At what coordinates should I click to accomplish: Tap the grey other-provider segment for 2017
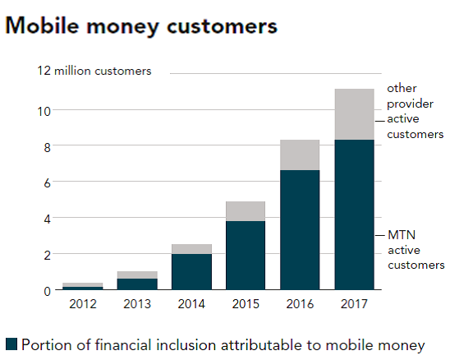click(354, 113)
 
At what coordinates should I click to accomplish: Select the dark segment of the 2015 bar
click(245, 255)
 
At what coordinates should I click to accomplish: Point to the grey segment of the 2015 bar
click(245, 211)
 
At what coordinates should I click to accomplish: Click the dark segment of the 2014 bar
click(192, 271)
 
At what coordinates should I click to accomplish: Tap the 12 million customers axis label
click(94, 71)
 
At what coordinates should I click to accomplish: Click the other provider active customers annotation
click(415, 111)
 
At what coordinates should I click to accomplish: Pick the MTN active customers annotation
click(415, 250)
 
